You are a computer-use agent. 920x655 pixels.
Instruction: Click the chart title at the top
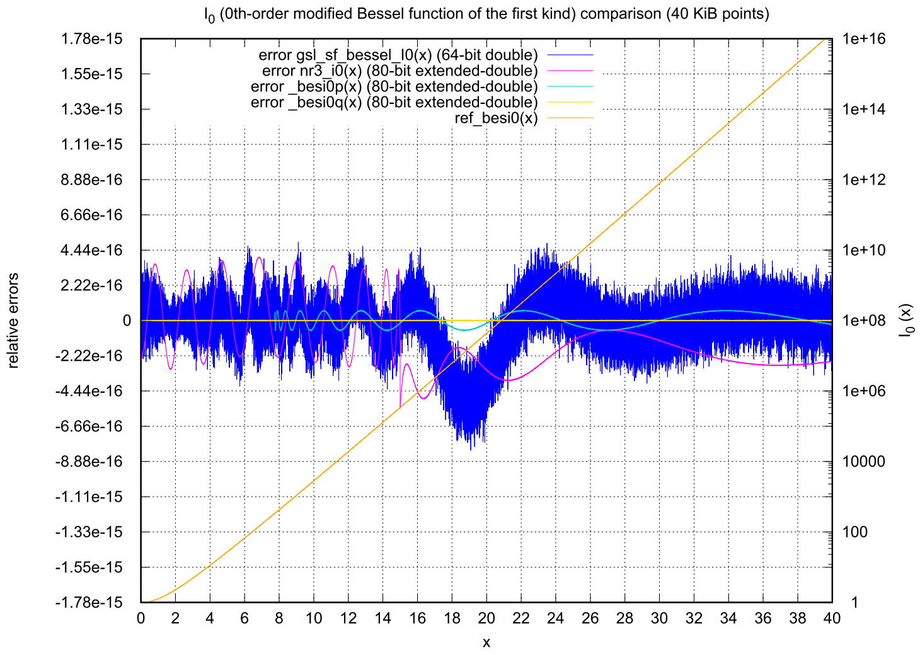tap(486, 14)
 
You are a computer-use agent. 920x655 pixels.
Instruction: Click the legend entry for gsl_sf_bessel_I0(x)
tap(398, 55)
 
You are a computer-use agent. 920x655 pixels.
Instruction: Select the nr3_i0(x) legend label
tap(400, 71)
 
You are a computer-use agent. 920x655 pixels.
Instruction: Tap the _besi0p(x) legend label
tap(394, 87)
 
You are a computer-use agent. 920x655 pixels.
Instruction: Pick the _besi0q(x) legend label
tap(394, 103)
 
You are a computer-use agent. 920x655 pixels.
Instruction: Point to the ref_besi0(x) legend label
tap(497, 118)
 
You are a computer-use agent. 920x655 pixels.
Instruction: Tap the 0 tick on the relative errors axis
tap(127, 321)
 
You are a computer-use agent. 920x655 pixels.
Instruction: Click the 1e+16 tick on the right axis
tap(864, 39)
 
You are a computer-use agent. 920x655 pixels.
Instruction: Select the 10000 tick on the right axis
tap(864, 462)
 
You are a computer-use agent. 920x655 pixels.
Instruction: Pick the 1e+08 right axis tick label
tap(864, 321)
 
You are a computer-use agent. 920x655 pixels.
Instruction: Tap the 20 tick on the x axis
tap(486, 618)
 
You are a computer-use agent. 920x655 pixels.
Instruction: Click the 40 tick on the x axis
tap(832, 618)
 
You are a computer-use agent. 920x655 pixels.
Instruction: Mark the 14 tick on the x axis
tap(382, 618)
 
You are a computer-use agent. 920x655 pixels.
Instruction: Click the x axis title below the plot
tap(486, 642)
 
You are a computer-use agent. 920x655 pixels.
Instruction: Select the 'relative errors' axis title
tap(13, 321)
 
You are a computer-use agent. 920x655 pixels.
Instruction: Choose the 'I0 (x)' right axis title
tap(906, 321)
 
